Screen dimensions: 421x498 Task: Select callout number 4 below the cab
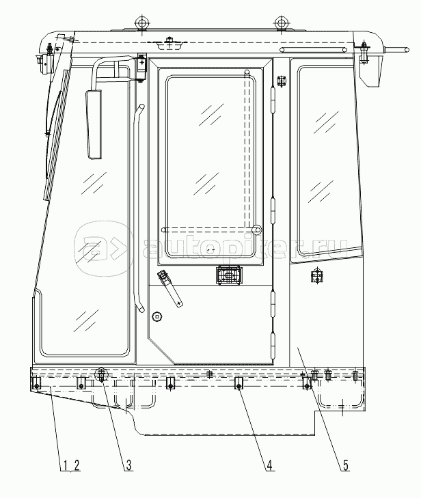tap(270, 467)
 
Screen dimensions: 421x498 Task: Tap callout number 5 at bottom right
tap(346, 467)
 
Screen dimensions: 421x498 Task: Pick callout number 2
tap(77, 467)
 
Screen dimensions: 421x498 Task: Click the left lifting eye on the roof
tap(142, 23)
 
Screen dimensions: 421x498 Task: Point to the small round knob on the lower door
tap(158, 316)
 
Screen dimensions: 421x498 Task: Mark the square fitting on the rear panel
tap(316, 276)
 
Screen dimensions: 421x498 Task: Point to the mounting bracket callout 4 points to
tap(239, 385)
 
